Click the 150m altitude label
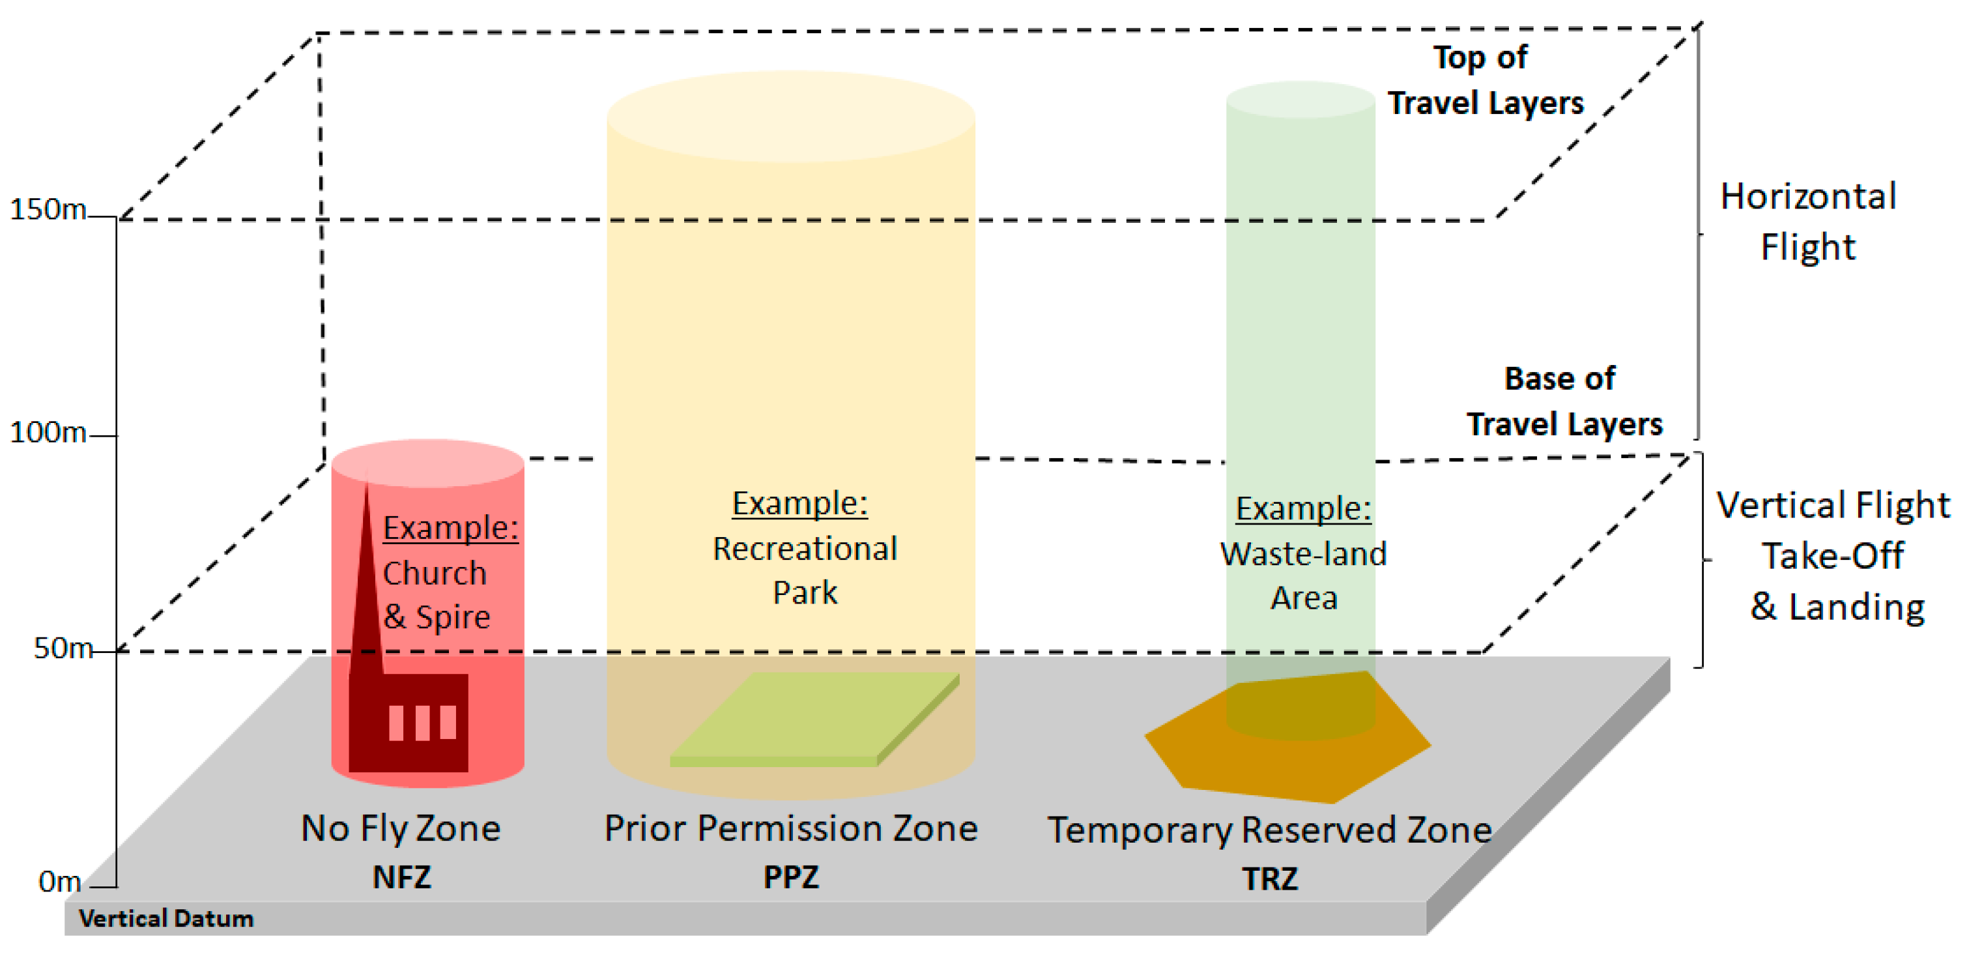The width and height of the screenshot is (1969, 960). click(48, 209)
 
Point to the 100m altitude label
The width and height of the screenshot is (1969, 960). click(48, 433)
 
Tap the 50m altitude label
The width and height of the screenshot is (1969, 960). click(63, 648)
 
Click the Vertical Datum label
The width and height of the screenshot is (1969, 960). click(166, 918)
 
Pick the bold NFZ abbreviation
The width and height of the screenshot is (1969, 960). click(402, 877)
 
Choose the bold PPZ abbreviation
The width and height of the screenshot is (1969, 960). click(791, 877)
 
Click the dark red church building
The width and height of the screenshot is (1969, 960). click(409, 722)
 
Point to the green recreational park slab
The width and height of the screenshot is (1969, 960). click(814, 718)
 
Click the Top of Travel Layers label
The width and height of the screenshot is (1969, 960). click(1484, 80)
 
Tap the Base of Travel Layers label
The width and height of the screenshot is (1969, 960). click(1563, 401)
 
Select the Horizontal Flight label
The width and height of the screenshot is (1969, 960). click(1807, 222)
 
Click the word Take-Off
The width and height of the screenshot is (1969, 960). click(1832, 556)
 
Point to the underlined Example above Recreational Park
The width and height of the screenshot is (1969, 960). click(799, 503)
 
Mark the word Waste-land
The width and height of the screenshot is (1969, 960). click(1303, 554)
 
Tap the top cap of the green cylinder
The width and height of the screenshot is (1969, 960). click(1301, 99)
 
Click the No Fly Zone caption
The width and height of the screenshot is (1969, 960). click(401, 828)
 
